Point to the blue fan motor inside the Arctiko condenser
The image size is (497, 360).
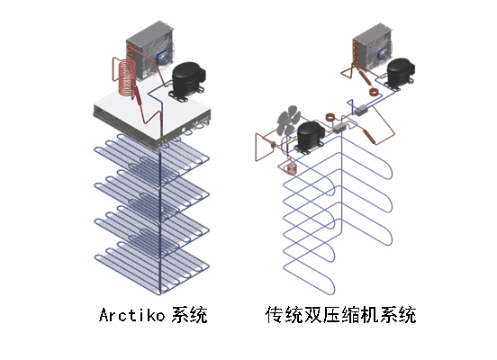click(x=163, y=56)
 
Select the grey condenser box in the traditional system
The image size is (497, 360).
click(x=371, y=45)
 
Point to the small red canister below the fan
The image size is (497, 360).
click(x=291, y=168)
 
